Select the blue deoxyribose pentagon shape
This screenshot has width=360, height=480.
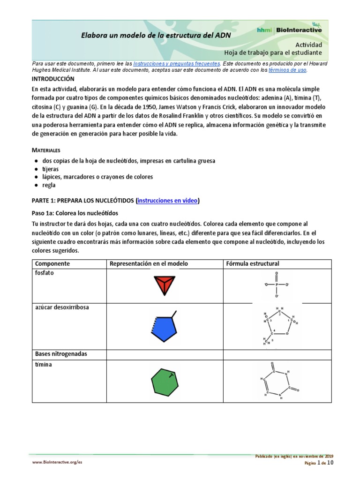coord(163,328)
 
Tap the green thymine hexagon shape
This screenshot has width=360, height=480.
coord(165,380)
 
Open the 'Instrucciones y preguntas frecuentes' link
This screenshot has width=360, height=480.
coord(176,63)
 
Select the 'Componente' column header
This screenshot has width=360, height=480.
coord(52,263)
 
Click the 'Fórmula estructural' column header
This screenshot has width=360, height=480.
coord(253,263)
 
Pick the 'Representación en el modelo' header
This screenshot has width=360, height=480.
coord(149,263)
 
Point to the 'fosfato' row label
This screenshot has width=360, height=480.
coord(45,273)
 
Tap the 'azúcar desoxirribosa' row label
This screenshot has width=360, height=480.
coord(62,307)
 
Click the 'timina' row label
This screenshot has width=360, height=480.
coord(44,364)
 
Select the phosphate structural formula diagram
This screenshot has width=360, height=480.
coord(277,285)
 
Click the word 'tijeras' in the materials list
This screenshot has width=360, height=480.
coord(50,169)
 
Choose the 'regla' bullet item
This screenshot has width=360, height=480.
coord(49,185)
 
